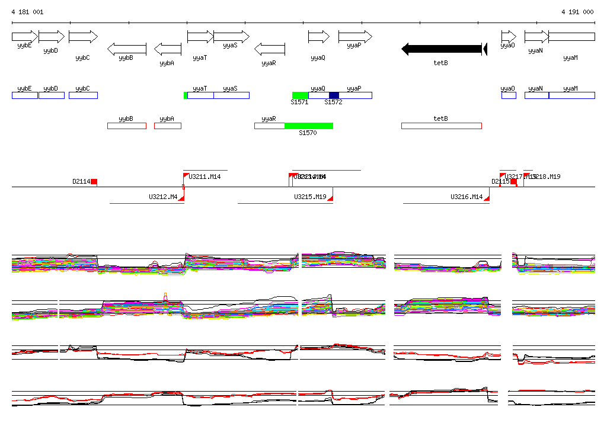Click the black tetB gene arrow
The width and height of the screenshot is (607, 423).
coord(442,49)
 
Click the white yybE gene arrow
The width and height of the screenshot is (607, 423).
coord(24,37)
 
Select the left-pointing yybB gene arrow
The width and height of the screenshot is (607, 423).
coord(127,49)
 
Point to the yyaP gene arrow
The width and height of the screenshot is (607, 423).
coord(355,37)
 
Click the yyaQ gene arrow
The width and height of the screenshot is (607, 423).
coord(318,37)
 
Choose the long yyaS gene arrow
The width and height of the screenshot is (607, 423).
coord(231,37)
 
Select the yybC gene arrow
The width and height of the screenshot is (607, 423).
coord(83,37)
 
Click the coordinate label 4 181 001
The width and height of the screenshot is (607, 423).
coord(27,12)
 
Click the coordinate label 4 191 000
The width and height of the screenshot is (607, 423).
coord(577,12)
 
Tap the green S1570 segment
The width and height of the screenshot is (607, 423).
coord(308,126)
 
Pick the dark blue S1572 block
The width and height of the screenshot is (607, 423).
coord(334,95)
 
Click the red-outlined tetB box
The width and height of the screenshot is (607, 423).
coord(441,126)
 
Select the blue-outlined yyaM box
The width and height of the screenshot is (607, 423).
coord(571,95)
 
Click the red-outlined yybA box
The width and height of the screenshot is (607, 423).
coord(168,126)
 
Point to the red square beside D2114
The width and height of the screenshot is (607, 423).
coord(94,182)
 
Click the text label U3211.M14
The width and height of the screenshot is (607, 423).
coord(205,177)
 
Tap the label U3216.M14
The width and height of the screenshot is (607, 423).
coord(467,197)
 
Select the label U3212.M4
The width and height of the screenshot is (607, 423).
coord(163,197)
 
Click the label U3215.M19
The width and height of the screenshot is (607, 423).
coord(310,197)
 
